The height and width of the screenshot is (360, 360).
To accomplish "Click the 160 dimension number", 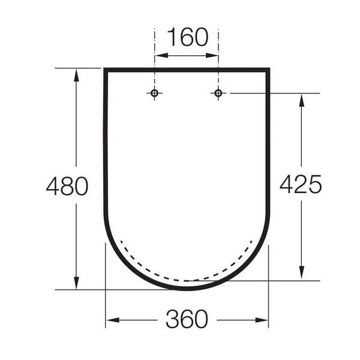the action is tap(188, 37).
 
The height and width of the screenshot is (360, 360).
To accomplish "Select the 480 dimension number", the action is tap(67, 186).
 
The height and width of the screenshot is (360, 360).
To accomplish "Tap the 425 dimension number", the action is tap(301, 184).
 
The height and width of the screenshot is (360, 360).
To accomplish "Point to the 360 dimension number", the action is tap(187, 319).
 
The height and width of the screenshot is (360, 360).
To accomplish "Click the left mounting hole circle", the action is tap(154, 93).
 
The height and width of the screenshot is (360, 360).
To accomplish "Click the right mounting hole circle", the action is tap(218, 93).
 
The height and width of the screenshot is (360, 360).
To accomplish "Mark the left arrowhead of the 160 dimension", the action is tap(161, 55).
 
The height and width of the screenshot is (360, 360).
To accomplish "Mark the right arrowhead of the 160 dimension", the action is tap(212, 55).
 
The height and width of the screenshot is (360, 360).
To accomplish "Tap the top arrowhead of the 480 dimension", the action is tap(76, 75).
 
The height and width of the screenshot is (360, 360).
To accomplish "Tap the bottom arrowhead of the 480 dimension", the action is tap(76, 283).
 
